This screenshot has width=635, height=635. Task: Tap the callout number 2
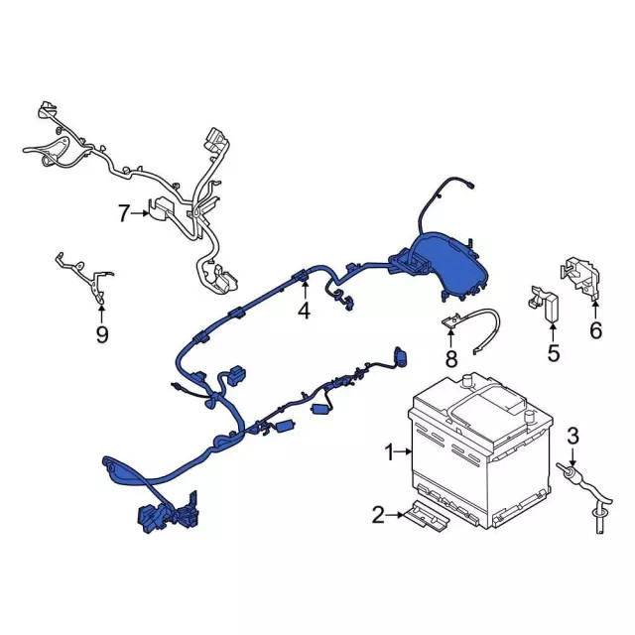point(377,515)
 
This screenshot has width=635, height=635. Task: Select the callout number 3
point(572,436)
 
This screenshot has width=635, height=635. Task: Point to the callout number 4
point(305,311)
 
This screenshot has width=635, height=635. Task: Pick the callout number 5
point(554,353)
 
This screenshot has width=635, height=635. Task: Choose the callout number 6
point(595,330)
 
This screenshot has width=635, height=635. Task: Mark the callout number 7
point(124,213)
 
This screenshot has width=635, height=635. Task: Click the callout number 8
point(450,359)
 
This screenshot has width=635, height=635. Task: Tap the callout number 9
point(102,335)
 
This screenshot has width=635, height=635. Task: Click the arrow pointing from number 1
point(404,451)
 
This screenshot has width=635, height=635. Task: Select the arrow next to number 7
point(141,212)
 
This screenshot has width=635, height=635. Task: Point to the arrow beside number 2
point(395,515)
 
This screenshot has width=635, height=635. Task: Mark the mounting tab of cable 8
point(450,321)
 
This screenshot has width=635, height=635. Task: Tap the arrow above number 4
point(305,290)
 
